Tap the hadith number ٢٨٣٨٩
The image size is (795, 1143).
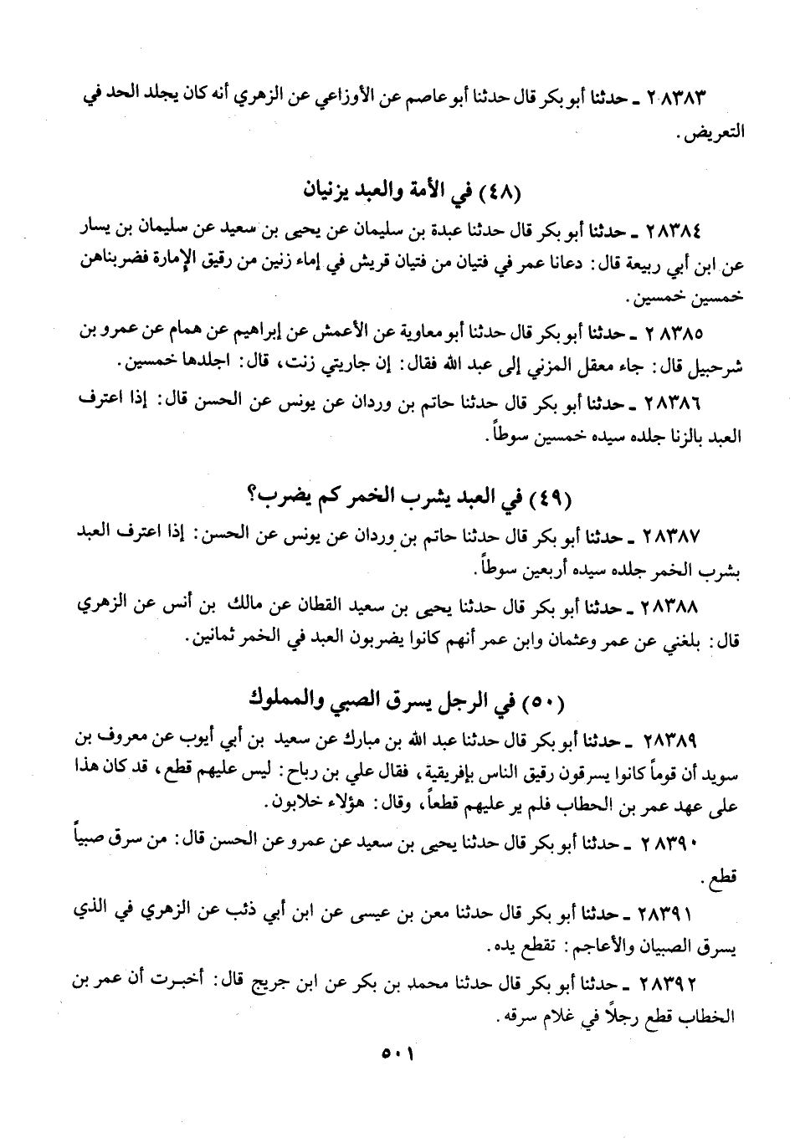(x=669, y=739)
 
